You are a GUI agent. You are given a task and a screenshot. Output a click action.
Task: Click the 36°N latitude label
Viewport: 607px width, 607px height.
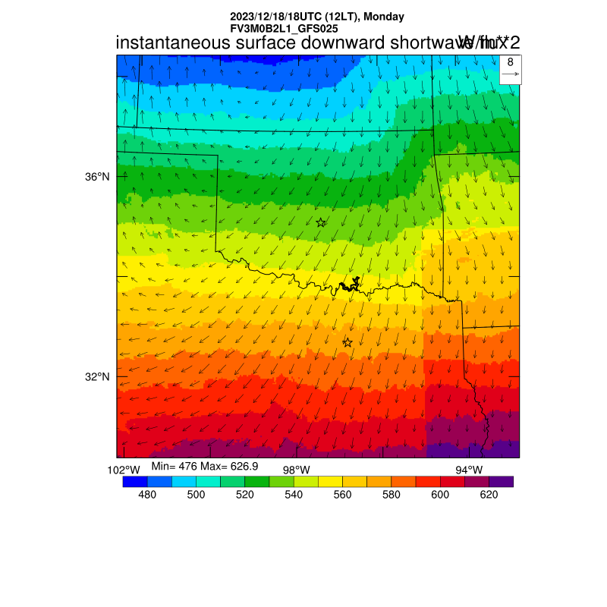97,177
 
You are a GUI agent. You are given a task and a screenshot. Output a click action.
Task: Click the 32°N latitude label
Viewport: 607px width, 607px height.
97,376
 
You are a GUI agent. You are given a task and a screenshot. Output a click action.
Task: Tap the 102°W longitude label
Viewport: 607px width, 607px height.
124,470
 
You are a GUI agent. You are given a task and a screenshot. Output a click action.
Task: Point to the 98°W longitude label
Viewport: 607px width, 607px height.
297,470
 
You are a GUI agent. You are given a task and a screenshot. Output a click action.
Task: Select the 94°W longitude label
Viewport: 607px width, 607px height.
469,470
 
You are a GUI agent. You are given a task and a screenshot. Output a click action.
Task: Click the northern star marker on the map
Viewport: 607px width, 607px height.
321,222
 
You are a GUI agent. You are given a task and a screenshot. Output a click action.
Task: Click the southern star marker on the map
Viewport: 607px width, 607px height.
348,343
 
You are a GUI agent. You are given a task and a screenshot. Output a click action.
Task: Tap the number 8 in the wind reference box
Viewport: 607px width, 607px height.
511,62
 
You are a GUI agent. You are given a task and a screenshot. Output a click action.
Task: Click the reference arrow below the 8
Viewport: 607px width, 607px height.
511,74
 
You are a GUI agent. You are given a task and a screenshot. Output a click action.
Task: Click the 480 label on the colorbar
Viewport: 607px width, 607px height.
147,495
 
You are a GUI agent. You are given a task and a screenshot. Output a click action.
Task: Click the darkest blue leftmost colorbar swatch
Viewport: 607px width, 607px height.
134,481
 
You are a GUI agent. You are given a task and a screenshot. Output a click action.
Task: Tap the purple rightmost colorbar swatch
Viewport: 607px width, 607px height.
502,481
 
